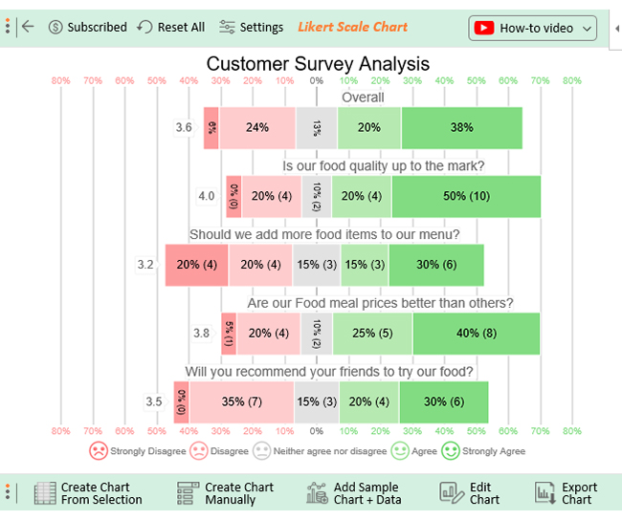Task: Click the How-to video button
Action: click(533, 28)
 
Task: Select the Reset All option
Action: click(171, 28)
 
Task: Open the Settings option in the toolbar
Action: click(252, 28)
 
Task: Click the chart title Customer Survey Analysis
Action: click(318, 64)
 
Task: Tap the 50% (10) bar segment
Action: click(466, 196)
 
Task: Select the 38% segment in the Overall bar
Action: click(461, 127)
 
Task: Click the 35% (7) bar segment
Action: click(241, 401)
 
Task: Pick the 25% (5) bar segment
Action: click(372, 334)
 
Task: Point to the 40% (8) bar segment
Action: click(476, 334)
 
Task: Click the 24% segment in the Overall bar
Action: click(256, 127)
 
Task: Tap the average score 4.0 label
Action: click(207, 196)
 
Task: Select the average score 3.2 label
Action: click(145, 265)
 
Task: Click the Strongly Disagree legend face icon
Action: click(99, 450)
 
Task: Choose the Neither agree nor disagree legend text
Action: click(330, 451)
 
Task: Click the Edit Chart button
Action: click(470, 493)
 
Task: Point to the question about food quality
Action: click(383, 166)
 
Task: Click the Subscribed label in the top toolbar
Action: click(87, 28)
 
